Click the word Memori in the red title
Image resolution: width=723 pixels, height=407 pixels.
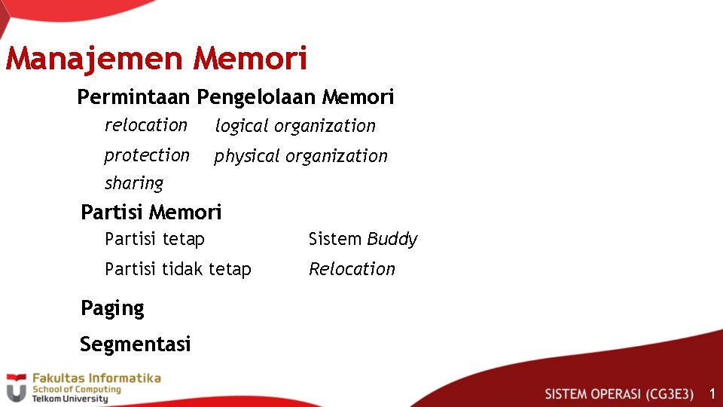click(x=250, y=59)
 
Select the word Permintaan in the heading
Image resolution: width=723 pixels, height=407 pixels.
click(x=135, y=97)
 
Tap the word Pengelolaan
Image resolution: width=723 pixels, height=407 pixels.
click(x=257, y=97)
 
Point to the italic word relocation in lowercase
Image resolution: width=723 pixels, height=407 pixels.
click(x=146, y=125)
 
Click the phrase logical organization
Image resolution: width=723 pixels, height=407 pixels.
click(x=295, y=127)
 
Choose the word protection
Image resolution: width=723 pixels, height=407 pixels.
click(x=147, y=155)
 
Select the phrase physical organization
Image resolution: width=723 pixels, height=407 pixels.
click(x=300, y=157)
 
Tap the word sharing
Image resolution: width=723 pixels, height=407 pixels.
click(x=134, y=183)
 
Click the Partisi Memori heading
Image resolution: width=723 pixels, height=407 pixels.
click(x=151, y=213)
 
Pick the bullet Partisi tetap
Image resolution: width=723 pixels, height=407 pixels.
click(x=154, y=240)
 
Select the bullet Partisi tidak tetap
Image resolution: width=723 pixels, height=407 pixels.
click(x=178, y=269)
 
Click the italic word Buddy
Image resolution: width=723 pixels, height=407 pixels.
click(x=392, y=240)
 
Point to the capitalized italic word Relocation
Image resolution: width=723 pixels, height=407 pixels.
click(x=352, y=269)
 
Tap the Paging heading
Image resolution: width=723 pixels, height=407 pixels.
click(x=112, y=308)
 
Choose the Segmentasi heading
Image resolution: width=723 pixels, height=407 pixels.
click(x=136, y=344)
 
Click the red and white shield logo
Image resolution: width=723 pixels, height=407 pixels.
click(x=16, y=388)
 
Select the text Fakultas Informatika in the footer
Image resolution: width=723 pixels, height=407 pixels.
click(x=96, y=378)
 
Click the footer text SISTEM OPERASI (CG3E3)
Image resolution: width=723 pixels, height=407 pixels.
click(x=619, y=394)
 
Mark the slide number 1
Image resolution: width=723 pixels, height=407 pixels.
click(x=712, y=393)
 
